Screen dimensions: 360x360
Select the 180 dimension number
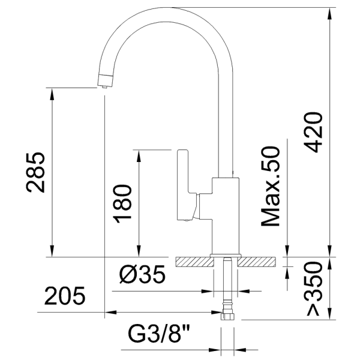tap(122, 202)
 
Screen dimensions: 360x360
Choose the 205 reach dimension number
tap(64, 296)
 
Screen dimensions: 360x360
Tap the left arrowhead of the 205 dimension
tap(109, 312)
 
